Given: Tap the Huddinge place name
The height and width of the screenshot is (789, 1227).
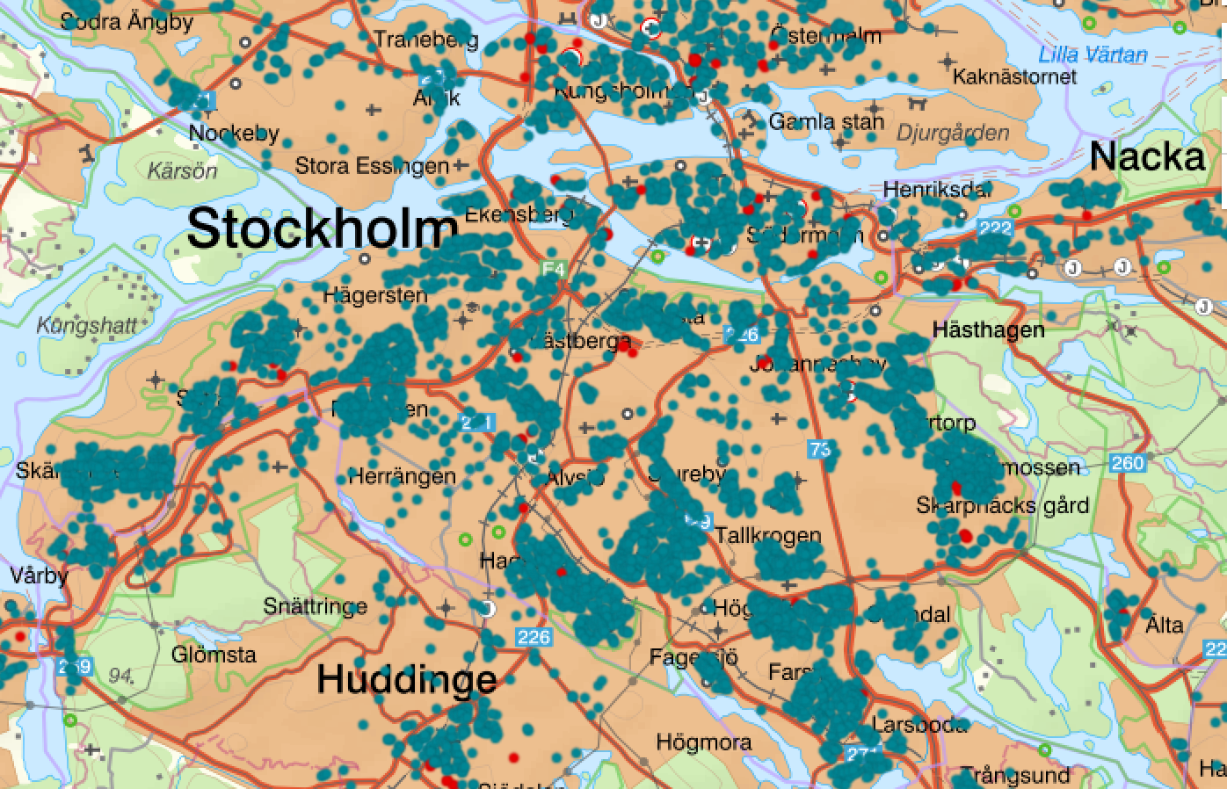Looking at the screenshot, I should pos(406,679).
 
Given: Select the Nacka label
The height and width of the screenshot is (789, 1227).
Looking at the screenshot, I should pos(1147,157).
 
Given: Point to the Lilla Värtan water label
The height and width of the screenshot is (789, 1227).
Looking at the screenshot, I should pos(1093,54).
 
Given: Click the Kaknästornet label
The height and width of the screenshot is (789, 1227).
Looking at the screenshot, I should pos(1014,77).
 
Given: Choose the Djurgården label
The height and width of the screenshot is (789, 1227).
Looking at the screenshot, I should pos(953,134).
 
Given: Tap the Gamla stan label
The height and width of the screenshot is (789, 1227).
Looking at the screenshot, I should pos(826,121).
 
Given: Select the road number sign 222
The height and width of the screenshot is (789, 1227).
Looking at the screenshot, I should pos(995,228).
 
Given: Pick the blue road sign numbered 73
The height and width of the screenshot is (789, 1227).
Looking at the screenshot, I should pos(820,450).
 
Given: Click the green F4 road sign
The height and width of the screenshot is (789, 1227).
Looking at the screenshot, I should pos(553,269).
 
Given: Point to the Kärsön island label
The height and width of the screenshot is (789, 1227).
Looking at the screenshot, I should pos(182,170).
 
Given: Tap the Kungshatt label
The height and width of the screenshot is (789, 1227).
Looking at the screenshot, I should pos(87,326).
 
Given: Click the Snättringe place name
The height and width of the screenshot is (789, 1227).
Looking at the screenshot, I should pos(316,606).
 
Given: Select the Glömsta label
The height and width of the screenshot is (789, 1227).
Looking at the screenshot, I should pos(214,655).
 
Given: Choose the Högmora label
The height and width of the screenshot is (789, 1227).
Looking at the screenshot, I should pos(704,742).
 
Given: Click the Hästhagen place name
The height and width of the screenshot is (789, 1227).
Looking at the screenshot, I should pos(989,330).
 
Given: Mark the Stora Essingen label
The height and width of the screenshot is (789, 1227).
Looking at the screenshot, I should pos(372,166).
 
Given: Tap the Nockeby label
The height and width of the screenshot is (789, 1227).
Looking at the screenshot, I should pos(235,134).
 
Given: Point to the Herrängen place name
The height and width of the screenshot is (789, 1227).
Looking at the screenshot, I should pos(402,477).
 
